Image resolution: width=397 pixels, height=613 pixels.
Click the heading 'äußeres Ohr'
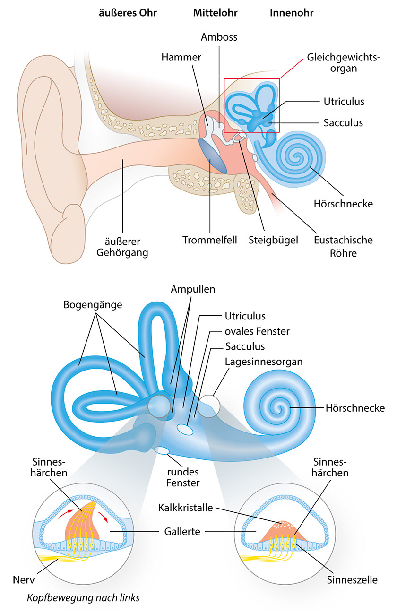point(128,13)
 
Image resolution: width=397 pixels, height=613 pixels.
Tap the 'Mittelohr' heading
point(215,13)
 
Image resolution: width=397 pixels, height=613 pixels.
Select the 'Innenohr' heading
point(292,13)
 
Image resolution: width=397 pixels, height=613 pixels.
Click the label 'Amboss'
point(219,37)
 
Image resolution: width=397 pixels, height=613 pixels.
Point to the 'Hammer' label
point(181,58)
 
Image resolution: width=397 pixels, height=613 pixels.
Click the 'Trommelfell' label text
point(210,240)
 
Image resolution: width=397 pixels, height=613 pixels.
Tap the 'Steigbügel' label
point(274,240)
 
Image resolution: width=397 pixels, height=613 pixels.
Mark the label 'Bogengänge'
point(93,305)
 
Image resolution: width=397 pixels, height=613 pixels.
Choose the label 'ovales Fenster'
point(257,331)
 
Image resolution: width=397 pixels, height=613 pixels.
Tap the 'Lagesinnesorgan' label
point(264,362)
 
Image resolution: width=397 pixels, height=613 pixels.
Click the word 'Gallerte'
point(181,532)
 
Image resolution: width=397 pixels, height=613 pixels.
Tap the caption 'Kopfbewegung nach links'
point(83,597)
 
